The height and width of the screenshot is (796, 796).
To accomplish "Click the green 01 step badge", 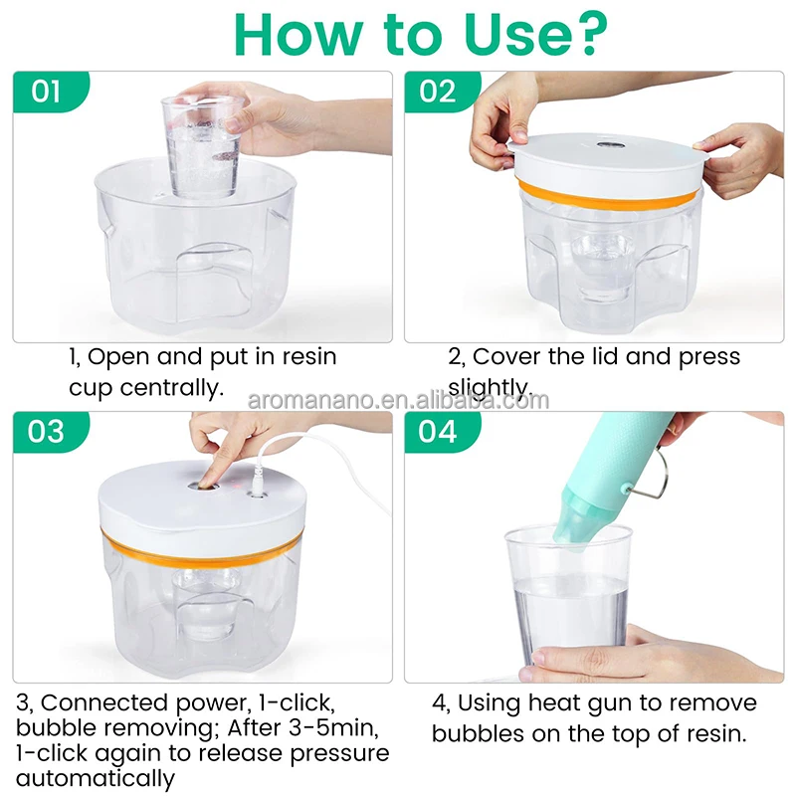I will point(46,93).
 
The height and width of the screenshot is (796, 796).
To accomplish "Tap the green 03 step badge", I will point(46,432).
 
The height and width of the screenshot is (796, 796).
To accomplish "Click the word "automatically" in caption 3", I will point(95,778).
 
